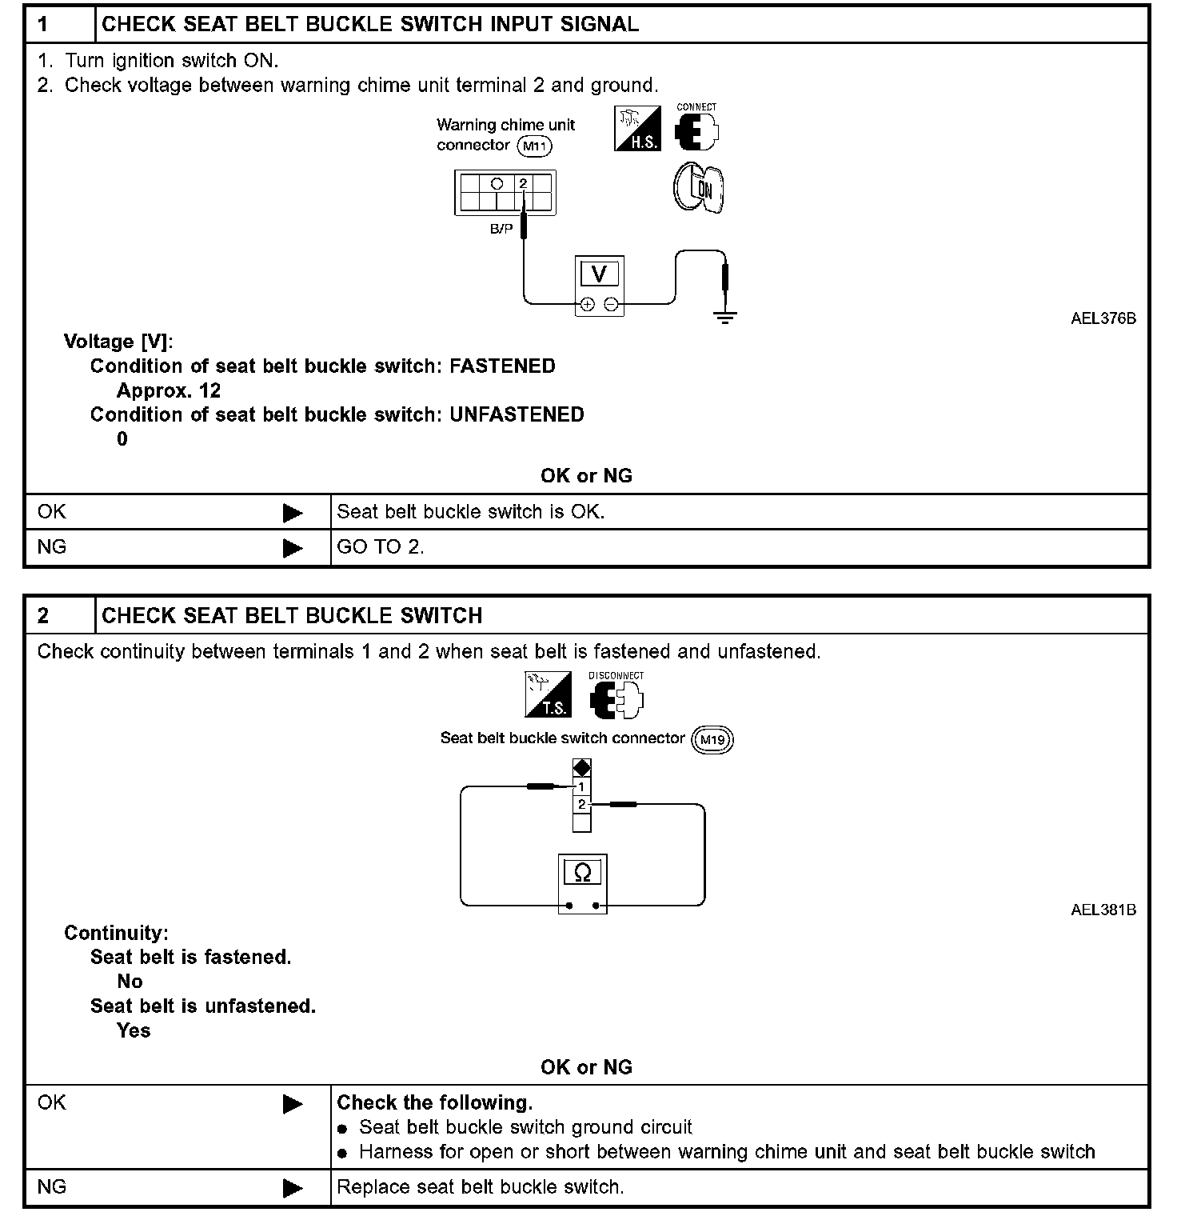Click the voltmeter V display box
point(599,274)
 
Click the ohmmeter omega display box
point(583,872)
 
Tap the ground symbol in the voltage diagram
point(724,317)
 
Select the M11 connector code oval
point(535,146)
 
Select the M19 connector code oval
point(712,739)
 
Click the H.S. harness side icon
point(637,129)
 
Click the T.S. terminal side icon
point(548,694)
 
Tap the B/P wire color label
point(501,229)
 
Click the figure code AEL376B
point(1103,318)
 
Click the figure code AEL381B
point(1103,910)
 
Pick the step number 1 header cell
point(60,24)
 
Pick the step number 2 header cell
point(60,615)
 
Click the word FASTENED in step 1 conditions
point(502,366)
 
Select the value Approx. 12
point(169,390)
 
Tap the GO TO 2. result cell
point(381,547)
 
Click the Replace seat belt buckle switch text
point(480,1186)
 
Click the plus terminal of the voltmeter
point(587,304)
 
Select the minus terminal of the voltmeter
point(611,304)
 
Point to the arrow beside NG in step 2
point(293,1188)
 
